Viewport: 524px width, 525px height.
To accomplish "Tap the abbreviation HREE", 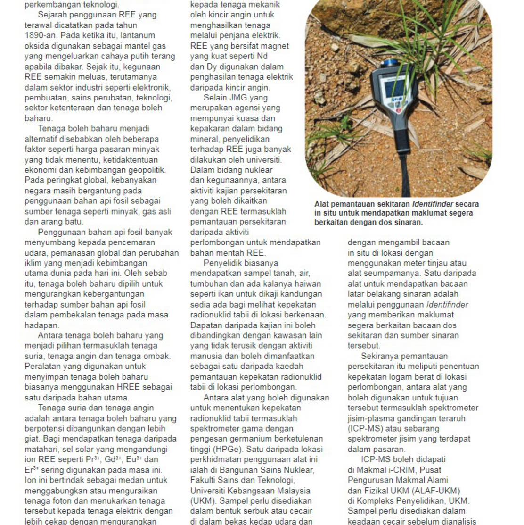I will click(x=131, y=387).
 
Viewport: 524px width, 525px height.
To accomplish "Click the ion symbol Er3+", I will click(x=32, y=470).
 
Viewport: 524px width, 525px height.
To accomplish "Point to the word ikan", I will click(x=224, y=294).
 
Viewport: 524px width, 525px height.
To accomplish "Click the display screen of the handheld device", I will click(x=395, y=88).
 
